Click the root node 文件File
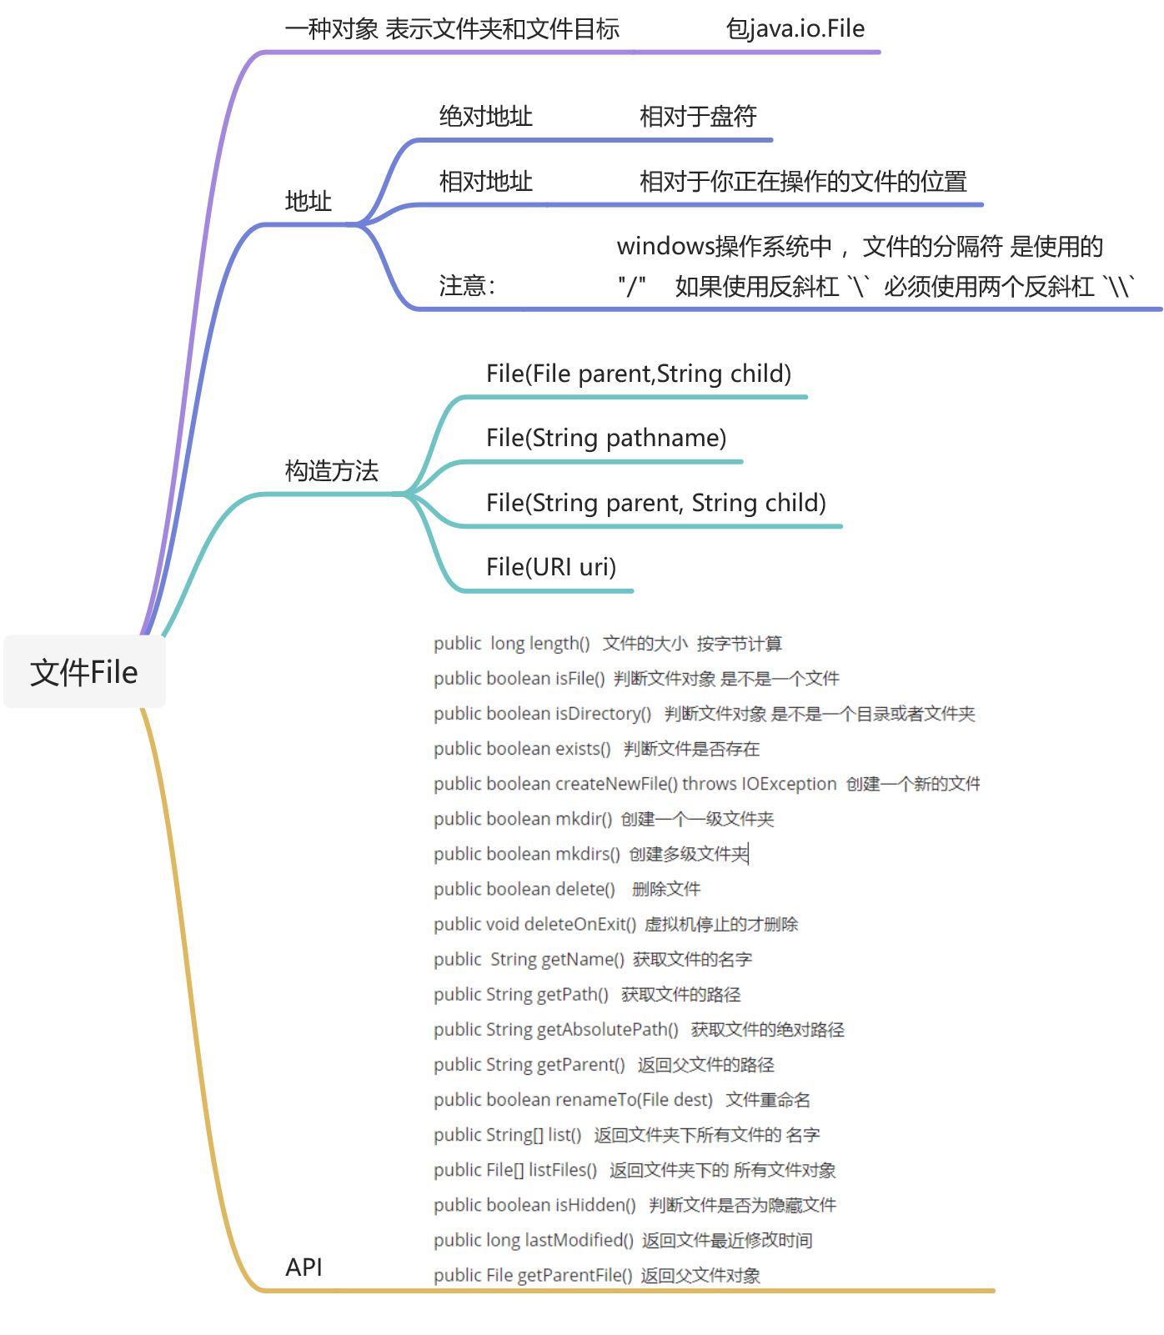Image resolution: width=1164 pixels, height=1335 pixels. tap(84, 672)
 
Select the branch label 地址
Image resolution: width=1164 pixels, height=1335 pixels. tap(308, 201)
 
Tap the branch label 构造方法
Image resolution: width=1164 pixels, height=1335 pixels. tap(331, 471)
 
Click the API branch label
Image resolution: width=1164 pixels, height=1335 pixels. tap(304, 1267)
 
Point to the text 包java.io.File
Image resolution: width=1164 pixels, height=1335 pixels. tap(795, 29)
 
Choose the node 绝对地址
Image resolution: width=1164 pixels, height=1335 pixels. tap(485, 117)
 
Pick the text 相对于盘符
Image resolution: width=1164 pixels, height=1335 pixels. tap(698, 117)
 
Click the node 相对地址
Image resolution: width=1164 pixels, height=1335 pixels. tap(485, 182)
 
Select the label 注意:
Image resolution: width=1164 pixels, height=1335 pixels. tap(467, 286)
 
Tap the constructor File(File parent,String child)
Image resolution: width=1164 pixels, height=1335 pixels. tap(639, 374)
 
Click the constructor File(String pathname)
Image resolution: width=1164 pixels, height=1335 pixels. tap(606, 438)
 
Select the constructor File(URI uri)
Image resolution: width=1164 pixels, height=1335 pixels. tap(551, 567)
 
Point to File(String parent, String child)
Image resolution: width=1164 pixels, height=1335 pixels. tap(656, 503)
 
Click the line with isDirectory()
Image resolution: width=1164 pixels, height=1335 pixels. tap(704, 714)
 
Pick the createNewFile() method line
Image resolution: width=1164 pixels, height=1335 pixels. tap(706, 784)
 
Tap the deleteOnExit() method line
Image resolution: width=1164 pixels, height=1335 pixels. tap(615, 924)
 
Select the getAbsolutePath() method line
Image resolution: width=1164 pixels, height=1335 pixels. tap(639, 1030)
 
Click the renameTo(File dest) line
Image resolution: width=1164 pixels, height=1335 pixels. tap(621, 1100)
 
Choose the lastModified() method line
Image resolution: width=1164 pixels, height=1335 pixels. tap(622, 1240)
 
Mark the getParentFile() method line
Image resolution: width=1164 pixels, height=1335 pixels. tap(596, 1275)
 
